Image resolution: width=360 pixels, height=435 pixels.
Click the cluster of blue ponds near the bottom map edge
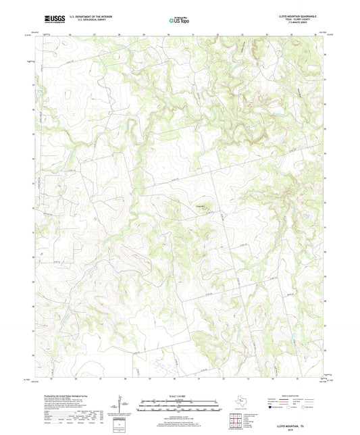click(x=161, y=368)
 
